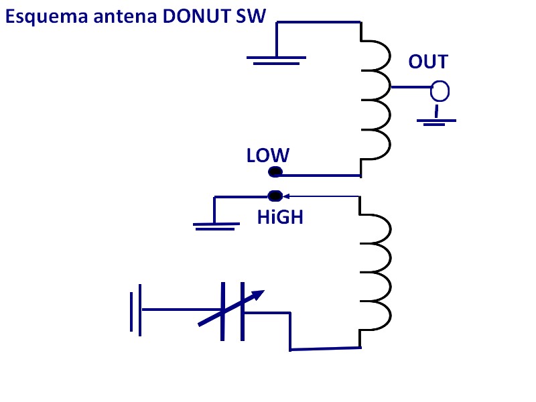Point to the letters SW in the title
click(252, 17)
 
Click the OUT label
click(428, 62)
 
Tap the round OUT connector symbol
click(440, 90)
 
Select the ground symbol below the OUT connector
click(436, 121)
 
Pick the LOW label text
click(267, 155)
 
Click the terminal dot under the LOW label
click(275, 172)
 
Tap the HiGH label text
click(280, 217)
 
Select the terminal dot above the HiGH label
click(275, 196)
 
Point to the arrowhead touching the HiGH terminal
click(284, 196)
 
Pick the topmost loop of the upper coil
click(376, 55)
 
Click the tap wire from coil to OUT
click(410, 87)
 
